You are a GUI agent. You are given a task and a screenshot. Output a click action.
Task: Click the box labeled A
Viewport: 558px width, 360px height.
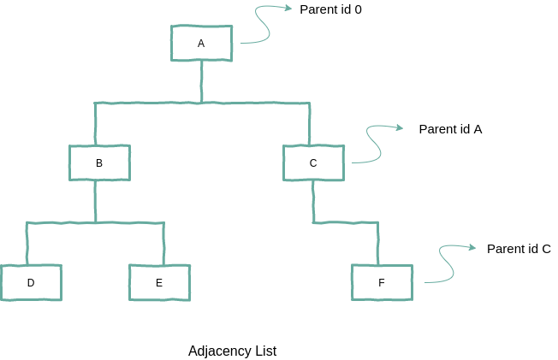tap(201, 43)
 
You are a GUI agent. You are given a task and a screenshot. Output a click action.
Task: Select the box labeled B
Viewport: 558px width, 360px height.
tap(99, 162)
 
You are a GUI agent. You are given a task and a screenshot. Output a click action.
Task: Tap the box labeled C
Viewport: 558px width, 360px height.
tap(313, 162)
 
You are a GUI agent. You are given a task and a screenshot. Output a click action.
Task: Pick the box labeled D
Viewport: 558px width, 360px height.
tap(31, 282)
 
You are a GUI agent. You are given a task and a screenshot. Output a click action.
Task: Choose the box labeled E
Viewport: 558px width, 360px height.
tap(159, 282)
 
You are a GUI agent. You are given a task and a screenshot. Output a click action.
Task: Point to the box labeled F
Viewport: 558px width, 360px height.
tap(382, 282)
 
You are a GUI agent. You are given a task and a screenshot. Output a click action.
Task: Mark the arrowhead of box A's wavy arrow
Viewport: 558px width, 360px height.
tap(288, 9)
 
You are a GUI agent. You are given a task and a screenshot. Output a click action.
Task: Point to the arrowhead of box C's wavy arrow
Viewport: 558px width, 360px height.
tap(399, 128)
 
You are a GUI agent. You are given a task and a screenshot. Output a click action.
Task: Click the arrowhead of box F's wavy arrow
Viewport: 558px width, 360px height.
tap(472, 248)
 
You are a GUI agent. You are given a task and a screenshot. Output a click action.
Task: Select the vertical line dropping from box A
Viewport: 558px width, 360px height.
tap(202, 81)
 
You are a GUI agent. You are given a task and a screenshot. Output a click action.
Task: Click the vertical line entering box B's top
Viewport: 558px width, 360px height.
tap(96, 124)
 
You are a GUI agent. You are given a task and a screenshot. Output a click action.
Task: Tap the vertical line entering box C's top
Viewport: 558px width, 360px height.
tap(309, 124)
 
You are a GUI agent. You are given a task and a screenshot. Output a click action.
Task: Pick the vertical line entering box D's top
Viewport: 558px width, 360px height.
tap(27, 244)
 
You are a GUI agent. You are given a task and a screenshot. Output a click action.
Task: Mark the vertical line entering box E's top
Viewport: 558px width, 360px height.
tap(163, 244)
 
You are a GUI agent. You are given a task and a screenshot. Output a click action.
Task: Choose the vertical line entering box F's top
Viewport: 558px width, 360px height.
tap(377, 244)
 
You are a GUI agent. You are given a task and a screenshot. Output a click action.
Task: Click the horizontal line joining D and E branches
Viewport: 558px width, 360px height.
tap(95, 223)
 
